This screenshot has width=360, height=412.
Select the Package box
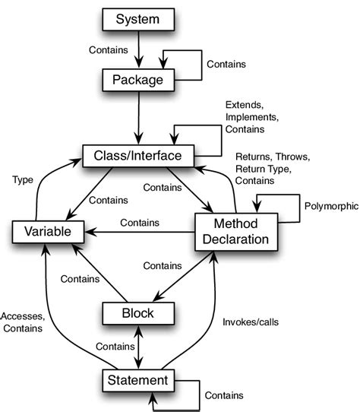coord(138,78)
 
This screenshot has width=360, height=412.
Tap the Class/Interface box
coord(138,156)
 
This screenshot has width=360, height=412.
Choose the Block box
coord(138,312)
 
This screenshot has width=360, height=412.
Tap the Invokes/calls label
coord(251,322)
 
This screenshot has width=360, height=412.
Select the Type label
coord(23,179)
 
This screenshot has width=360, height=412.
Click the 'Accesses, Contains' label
coord(23,322)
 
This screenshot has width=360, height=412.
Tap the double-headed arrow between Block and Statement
coord(138,345)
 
